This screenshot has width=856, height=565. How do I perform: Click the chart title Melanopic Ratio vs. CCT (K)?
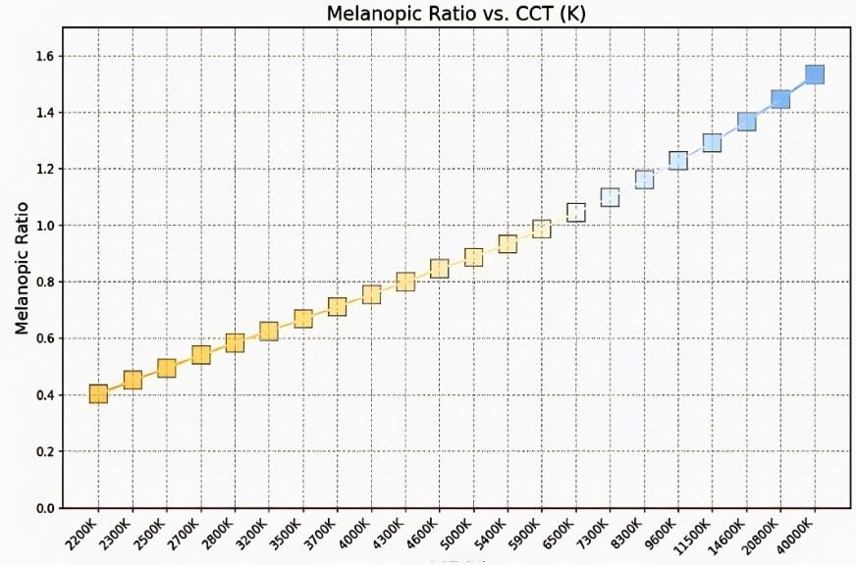click(455, 13)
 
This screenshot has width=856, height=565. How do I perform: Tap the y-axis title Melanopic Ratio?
click(22, 268)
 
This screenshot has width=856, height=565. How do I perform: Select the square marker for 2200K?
click(98, 394)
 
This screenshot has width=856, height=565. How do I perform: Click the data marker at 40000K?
click(814, 75)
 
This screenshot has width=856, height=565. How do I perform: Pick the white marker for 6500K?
click(575, 212)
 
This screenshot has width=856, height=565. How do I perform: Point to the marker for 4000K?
click(371, 294)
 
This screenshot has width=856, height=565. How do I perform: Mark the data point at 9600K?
click(677, 160)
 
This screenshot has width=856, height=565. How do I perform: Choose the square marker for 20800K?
click(780, 98)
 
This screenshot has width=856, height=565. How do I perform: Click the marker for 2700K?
click(200, 354)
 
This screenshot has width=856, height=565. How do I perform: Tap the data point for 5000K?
click(473, 257)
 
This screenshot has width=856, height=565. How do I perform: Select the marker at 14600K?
click(746, 122)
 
